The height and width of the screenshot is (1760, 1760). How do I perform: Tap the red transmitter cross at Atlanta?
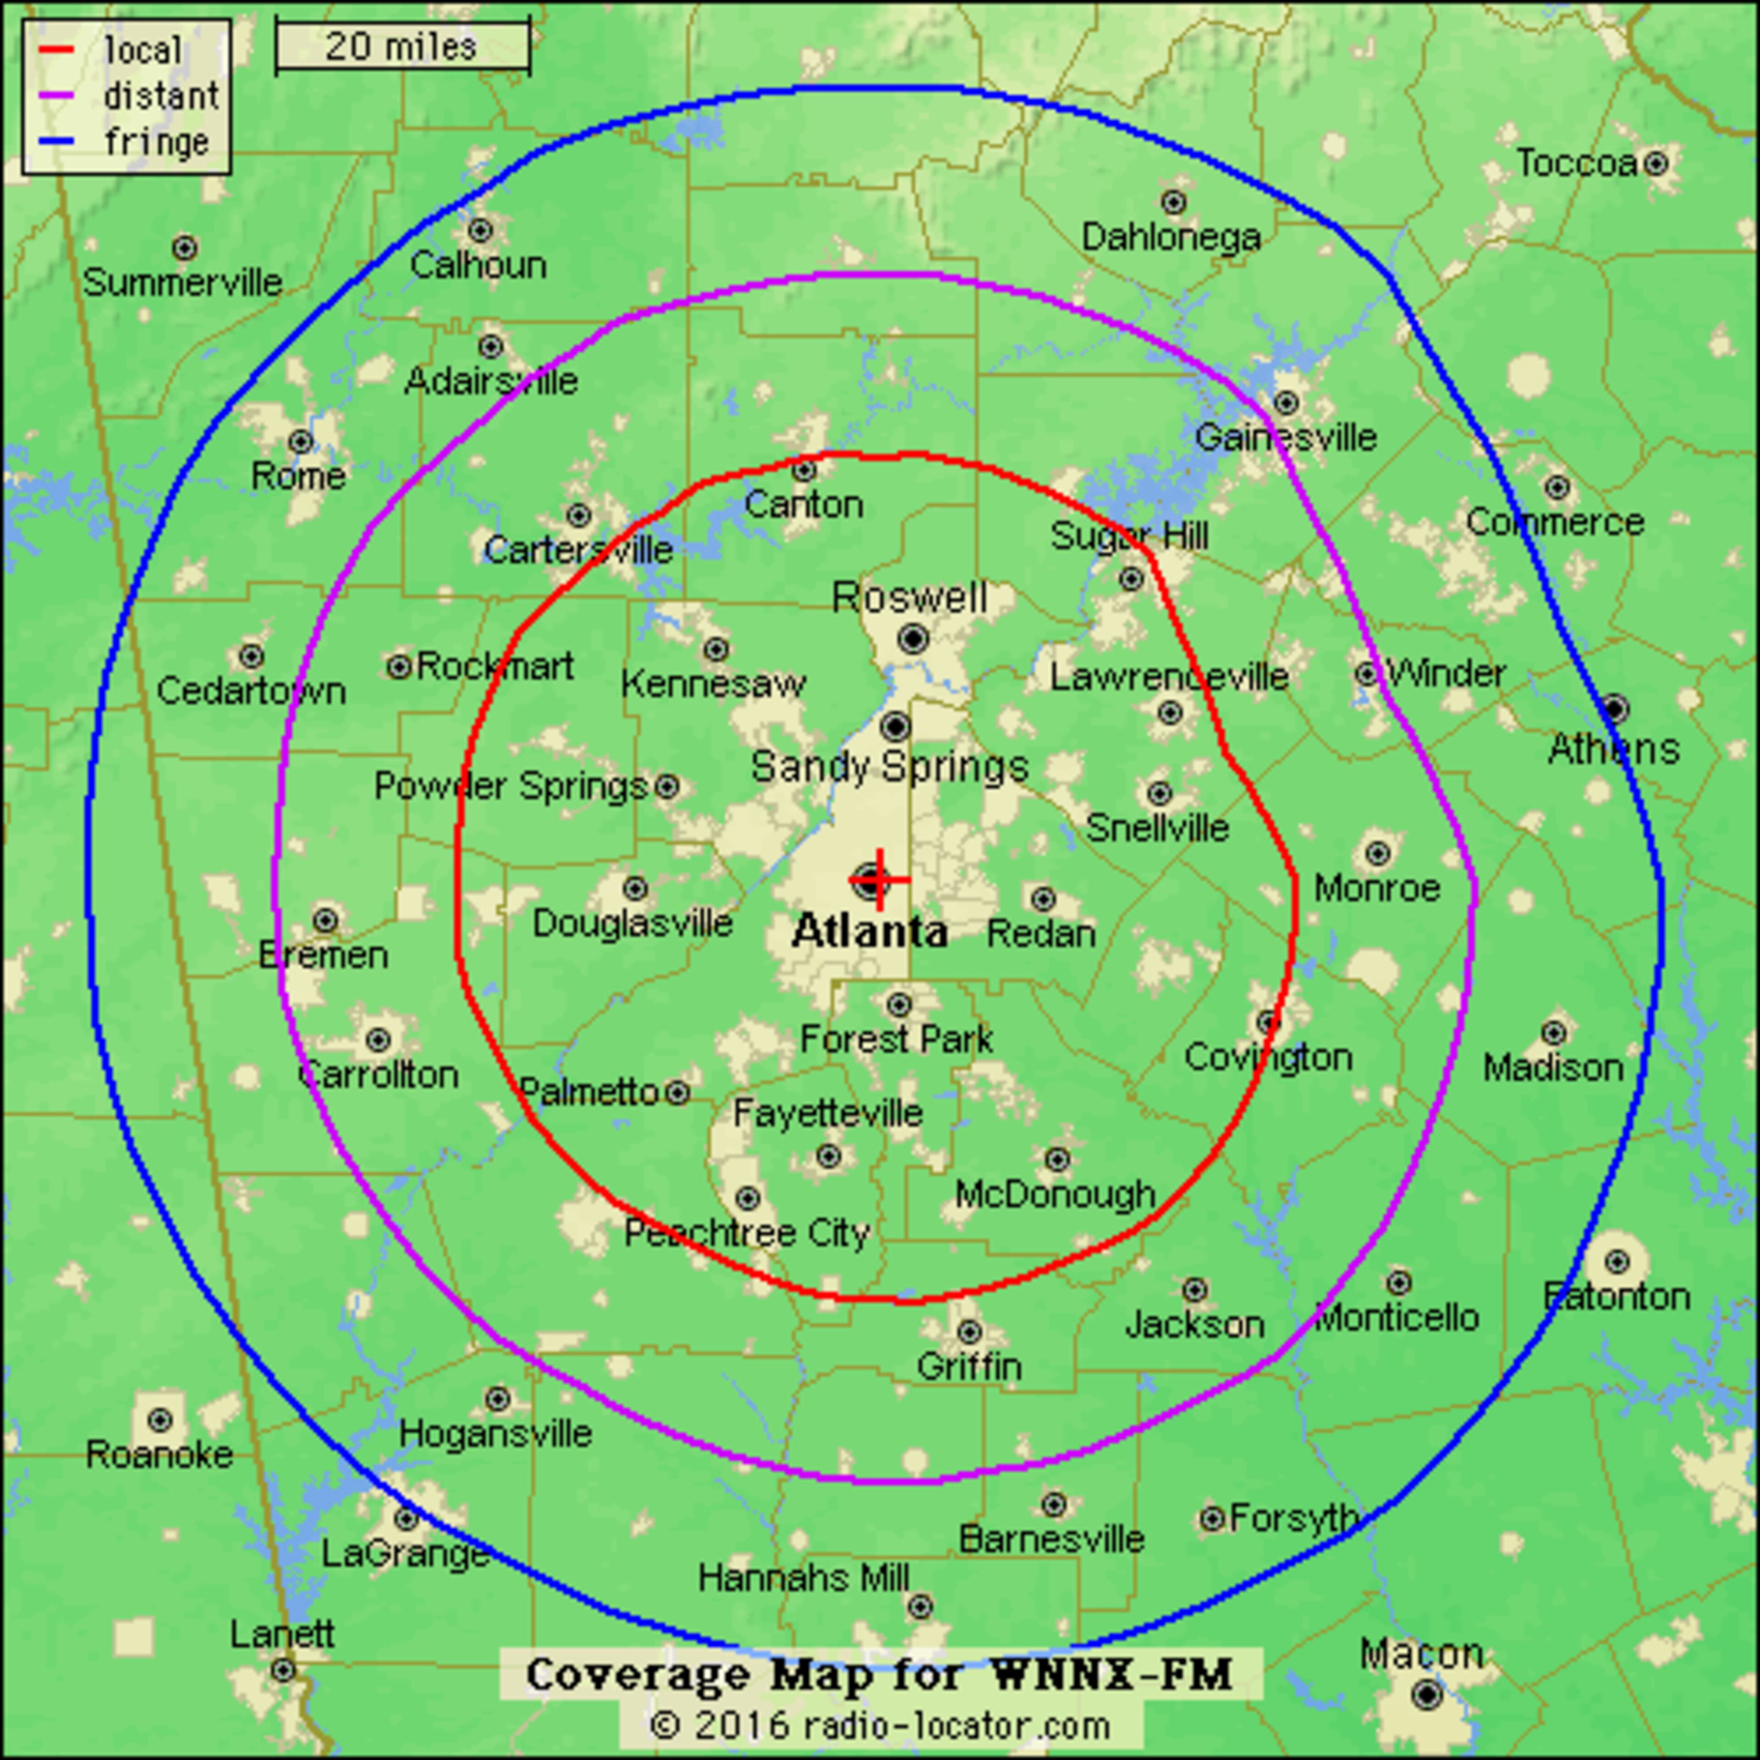point(879,879)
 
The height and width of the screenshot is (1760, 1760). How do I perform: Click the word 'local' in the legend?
point(143,50)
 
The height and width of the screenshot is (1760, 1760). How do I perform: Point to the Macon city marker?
point(1427,1694)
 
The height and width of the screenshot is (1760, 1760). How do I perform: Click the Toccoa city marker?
point(1655,163)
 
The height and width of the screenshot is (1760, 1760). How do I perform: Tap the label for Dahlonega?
point(1171,238)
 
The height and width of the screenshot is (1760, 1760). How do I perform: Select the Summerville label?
point(182,282)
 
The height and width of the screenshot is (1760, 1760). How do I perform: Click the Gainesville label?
point(1285,437)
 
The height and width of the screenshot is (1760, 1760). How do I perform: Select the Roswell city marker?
point(913,638)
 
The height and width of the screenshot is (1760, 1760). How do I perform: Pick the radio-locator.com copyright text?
point(880,1724)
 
